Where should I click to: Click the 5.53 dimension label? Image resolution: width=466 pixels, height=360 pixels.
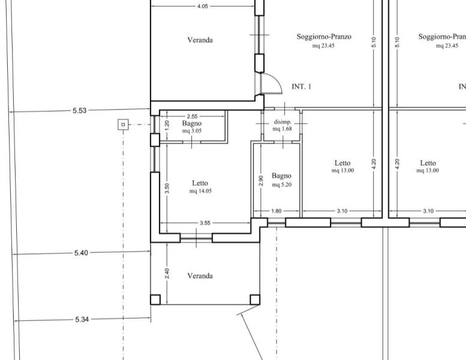tap(79, 110)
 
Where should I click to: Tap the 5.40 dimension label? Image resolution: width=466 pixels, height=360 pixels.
tap(81, 253)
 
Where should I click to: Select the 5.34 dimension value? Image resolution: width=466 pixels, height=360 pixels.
tap(82, 320)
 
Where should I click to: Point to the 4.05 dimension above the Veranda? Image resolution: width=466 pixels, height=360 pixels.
tap(202, 6)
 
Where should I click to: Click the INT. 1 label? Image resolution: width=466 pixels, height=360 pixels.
tap(301, 86)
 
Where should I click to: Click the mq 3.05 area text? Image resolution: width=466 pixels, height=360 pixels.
tap(192, 131)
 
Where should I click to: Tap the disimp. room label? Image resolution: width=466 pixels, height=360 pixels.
tap(282, 122)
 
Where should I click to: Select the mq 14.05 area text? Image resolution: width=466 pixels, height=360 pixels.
tap(200, 191)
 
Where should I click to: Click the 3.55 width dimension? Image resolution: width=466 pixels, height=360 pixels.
tap(205, 223)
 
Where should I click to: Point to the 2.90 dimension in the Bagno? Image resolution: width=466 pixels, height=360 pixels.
tap(261, 181)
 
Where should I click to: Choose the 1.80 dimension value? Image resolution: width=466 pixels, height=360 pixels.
tap(276, 211)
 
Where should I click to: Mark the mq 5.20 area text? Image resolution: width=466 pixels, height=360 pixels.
tap(282, 185)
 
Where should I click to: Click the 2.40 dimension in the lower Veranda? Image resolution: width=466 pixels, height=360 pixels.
tap(167, 274)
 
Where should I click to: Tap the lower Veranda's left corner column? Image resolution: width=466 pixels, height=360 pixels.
tap(155, 299)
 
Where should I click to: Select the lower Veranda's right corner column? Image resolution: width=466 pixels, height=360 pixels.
tap(255, 299)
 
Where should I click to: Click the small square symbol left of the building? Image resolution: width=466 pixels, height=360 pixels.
tap(123, 125)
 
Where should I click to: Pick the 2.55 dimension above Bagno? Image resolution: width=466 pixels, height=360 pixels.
tap(193, 116)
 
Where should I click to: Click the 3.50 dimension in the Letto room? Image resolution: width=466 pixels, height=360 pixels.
tap(167, 188)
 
